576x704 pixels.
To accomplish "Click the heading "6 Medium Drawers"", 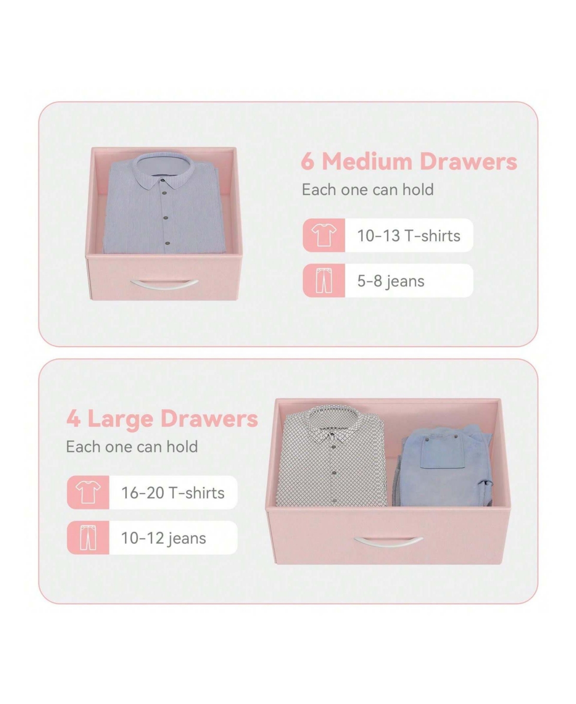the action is pos(409,161).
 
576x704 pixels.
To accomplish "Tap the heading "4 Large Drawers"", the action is pos(162,419).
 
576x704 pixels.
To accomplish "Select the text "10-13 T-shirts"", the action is pos(409,236).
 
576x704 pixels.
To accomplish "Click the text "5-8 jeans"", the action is pos(391,281).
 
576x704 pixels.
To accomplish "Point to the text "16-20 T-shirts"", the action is pos(173,493).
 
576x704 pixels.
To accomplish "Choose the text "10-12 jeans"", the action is pos(164,538).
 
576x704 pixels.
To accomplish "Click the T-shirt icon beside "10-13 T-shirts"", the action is pos(324,235).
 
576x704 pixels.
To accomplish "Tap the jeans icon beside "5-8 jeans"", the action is pos(324,280).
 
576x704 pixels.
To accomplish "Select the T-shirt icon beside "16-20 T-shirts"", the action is pos(88,492).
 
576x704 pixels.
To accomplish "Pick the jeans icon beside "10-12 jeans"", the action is pos(88,537).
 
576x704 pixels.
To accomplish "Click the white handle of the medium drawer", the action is pos(164,285).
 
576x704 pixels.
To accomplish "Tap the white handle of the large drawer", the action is pos(388,542).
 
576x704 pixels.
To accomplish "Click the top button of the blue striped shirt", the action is pos(163,181).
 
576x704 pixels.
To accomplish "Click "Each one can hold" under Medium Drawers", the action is pos(367,190).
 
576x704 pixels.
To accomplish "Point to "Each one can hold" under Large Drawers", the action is pos(132,447).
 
